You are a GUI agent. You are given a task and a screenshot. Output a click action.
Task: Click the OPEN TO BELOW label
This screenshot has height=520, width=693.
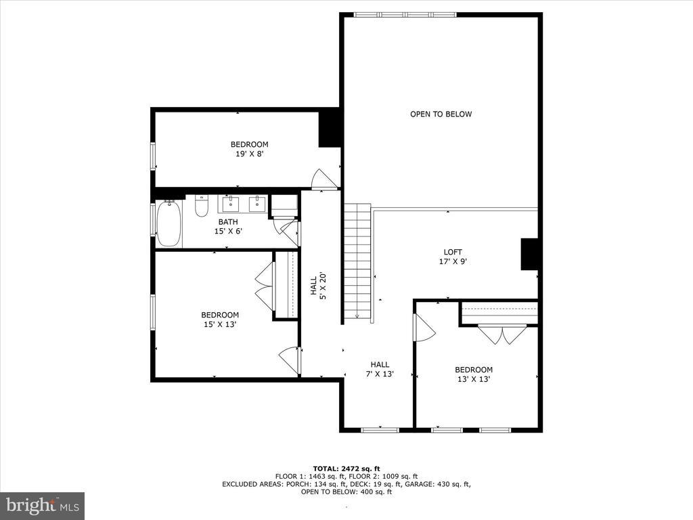tap(441, 114)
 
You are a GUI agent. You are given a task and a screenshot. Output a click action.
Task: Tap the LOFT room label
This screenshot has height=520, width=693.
tap(453, 257)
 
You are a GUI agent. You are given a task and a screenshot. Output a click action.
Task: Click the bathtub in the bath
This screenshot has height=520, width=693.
tap(169, 224)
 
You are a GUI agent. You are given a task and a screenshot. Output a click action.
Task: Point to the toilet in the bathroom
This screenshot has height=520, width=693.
tap(201, 206)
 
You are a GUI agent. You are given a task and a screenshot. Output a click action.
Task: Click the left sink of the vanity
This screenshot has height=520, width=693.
tap(230, 203)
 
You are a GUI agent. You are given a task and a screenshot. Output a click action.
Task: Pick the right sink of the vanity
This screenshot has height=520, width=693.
tap(256, 203)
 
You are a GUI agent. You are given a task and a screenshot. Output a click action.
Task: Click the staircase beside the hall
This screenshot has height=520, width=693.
tap(357, 261)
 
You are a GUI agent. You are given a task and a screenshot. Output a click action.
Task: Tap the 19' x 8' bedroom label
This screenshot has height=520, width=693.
tap(249, 149)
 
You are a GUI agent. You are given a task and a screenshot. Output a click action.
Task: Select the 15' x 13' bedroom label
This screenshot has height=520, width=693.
tap(219, 320)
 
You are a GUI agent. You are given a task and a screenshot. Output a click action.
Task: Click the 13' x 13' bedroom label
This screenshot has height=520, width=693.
tap(473, 374)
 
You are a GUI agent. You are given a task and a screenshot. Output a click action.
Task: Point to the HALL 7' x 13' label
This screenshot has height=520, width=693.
tap(379, 369)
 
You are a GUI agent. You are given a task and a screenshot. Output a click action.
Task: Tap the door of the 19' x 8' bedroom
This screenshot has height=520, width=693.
tap(323, 179)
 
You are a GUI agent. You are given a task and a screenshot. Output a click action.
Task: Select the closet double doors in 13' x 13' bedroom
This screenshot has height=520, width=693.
tap(501, 334)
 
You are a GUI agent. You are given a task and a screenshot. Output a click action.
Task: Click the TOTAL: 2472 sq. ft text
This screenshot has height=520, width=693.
tap(346, 469)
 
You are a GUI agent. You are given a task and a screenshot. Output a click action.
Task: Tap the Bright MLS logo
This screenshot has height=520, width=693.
tap(42, 505)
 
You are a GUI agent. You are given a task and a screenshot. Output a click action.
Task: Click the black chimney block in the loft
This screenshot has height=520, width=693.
tap(529, 255)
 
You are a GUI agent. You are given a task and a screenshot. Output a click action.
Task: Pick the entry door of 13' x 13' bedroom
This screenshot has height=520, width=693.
tap(424, 328)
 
